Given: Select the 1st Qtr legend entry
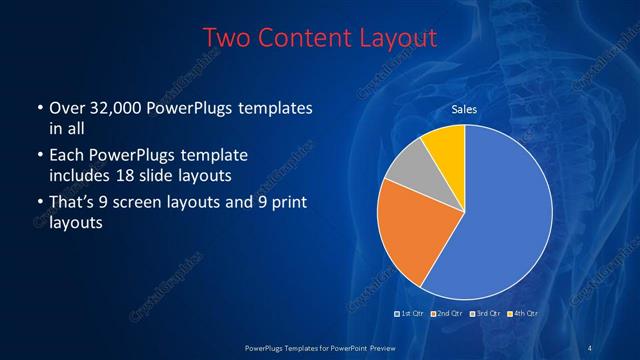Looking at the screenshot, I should pos(410,315).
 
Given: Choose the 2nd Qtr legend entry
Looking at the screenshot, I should pos(446,315).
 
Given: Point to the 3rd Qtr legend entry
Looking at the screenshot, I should pos(483,315).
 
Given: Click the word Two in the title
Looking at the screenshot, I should pos(227,38).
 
